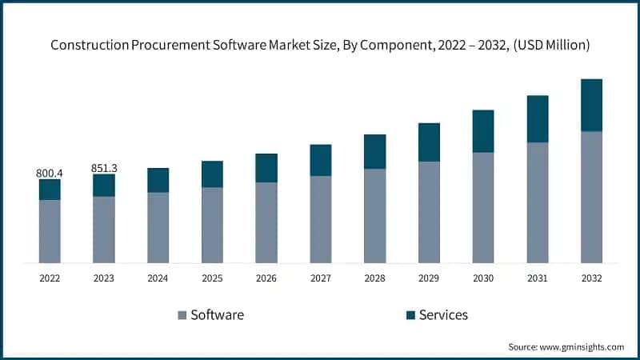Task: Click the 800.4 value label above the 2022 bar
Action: (x=50, y=173)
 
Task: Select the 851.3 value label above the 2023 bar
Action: (x=104, y=168)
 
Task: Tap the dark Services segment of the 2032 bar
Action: (x=591, y=105)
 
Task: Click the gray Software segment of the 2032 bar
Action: (x=591, y=197)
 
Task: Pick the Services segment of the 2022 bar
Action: (x=50, y=190)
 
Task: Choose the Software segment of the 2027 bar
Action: (x=321, y=219)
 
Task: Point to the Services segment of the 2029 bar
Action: (x=429, y=142)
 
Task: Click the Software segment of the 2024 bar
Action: (x=158, y=227)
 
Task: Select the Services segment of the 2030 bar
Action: (x=483, y=131)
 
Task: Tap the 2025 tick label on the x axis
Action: (x=212, y=278)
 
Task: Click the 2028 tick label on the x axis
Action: (x=374, y=278)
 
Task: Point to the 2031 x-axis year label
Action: (x=537, y=278)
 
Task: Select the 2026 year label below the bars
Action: (x=266, y=278)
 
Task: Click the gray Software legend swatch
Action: (x=181, y=315)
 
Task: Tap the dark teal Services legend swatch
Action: (x=411, y=315)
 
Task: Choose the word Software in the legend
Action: (x=217, y=315)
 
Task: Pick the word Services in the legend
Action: (x=446, y=315)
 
